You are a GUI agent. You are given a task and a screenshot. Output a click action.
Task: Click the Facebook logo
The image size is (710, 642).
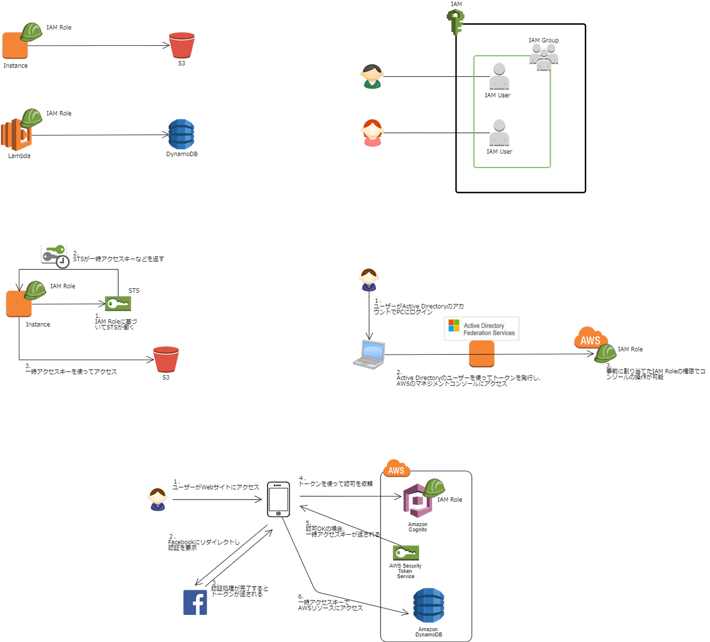(x=195, y=602)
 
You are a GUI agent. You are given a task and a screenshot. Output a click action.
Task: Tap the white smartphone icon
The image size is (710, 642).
(x=279, y=500)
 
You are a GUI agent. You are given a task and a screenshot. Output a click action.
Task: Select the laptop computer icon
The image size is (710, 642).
(x=369, y=354)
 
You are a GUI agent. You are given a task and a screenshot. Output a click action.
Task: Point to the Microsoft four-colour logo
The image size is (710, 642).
(x=454, y=326)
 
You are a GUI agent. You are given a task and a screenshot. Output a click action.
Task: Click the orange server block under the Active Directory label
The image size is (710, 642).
(x=482, y=354)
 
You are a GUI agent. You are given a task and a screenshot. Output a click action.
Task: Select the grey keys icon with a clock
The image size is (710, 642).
(x=54, y=255)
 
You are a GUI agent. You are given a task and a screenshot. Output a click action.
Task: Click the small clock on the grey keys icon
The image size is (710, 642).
(x=63, y=262)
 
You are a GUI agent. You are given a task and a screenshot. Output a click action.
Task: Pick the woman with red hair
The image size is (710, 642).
(x=372, y=133)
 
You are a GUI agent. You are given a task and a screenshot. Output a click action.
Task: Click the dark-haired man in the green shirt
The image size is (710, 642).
(x=372, y=77)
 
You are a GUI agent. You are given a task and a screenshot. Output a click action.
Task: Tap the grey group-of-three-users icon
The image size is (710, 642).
(x=544, y=57)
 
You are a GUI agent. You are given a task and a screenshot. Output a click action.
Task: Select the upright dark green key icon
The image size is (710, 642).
(x=456, y=22)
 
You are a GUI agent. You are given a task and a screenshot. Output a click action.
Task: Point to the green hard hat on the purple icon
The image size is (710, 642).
(x=434, y=487)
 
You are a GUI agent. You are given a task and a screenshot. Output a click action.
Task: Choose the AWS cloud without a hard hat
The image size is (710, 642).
(x=396, y=469)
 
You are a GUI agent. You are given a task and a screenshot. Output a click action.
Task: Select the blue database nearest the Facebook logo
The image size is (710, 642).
(x=428, y=605)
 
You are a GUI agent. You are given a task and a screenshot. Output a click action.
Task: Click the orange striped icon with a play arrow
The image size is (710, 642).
(x=16, y=135)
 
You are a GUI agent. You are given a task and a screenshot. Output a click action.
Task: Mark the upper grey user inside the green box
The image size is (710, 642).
(x=499, y=76)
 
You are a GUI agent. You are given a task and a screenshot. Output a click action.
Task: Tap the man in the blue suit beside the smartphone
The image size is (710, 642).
(x=158, y=500)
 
